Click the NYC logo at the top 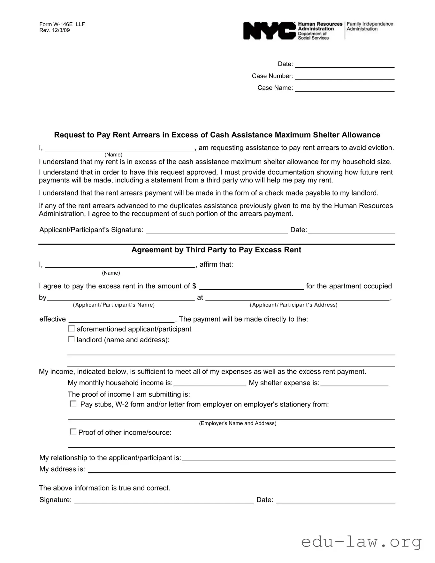click(x=269, y=31)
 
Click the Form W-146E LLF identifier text click(x=62, y=24)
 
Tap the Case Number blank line click(x=344, y=76)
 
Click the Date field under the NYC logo click(x=344, y=65)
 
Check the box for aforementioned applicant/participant click(x=72, y=329)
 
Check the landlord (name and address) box click(x=72, y=339)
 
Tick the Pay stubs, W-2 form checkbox click(x=73, y=404)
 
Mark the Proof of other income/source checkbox click(x=73, y=432)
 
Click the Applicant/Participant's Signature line click(x=217, y=231)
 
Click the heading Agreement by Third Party click(x=216, y=250)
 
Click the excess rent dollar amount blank click(x=251, y=286)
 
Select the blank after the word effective click(x=121, y=320)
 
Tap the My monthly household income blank click(x=210, y=383)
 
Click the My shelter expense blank click(x=354, y=383)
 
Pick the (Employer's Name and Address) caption click(x=238, y=423)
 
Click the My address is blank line click(x=241, y=469)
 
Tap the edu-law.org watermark click(x=361, y=542)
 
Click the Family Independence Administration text click(x=370, y=26)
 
